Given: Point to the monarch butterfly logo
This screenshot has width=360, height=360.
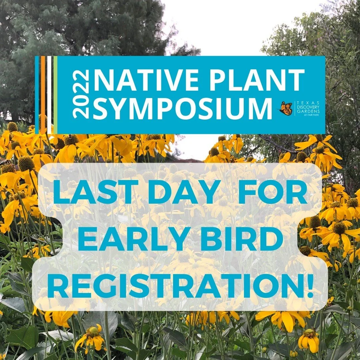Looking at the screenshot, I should point(286,108).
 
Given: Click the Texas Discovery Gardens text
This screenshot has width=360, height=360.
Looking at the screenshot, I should point(308,108).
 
